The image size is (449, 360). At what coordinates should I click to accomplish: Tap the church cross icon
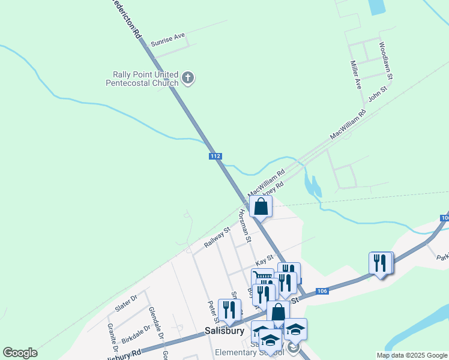point(188,77)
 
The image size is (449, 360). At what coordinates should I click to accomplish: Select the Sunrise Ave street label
point(168,40)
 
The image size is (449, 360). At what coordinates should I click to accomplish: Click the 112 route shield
point(216,156)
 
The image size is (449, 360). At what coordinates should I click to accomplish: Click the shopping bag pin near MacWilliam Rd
point(261,207)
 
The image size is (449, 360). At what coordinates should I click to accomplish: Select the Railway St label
point(217,238)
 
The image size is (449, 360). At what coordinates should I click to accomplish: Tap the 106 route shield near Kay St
point(322,291)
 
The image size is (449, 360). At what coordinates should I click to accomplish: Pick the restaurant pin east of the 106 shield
point(381,263)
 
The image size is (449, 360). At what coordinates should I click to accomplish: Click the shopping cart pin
point(262,280)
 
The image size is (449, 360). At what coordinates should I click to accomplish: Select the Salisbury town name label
point(224,331)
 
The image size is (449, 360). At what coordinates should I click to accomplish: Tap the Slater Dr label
point(126,307)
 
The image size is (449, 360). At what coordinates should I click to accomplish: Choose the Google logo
point(20,353)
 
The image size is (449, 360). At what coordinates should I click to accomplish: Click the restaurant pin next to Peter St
point(229,310)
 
